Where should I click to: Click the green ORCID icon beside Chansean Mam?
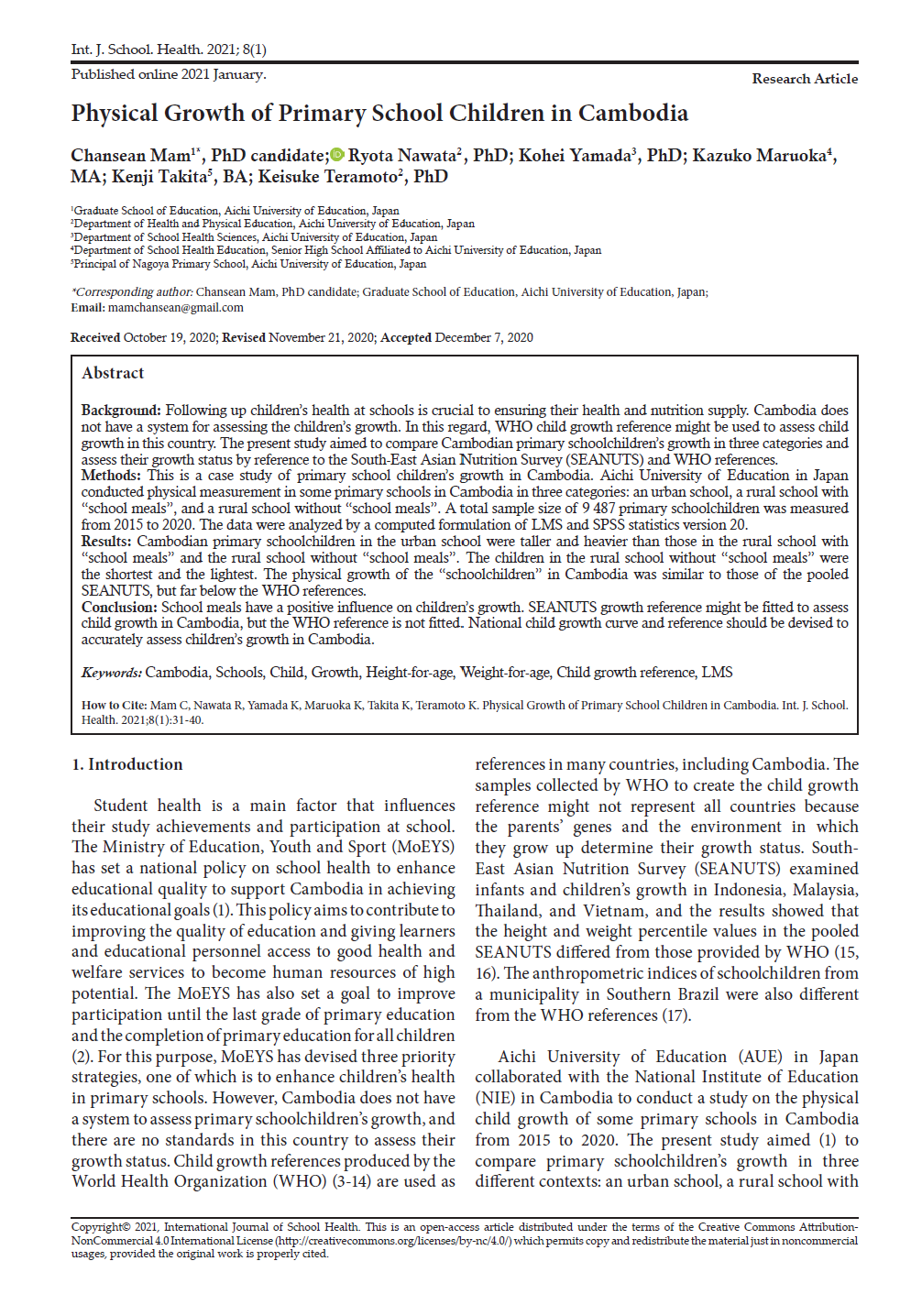click(x=337, y=156)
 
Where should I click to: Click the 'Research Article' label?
click(x=805, y=79)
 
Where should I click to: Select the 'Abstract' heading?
click(x=113, y=373)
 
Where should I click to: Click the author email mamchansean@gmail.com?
click(x=175, y=308)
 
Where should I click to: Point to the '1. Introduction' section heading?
click(x=127, y=764)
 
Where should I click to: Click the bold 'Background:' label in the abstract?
click(x=121, y=411)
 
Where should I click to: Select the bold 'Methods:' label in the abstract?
click(x=111, y=476)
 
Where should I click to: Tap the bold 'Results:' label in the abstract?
click(x=106, y=542)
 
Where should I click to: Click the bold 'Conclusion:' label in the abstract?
click(x=119, y=608)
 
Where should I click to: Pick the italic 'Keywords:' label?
click(x=111, y=673)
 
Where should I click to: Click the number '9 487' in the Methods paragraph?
click(x=598, y=509)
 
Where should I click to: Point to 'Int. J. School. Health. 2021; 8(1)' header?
click(x=169, y=49)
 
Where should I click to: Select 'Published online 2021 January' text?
click(x=169, y=74)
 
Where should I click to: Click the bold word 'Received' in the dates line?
click(x=95, y=338)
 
